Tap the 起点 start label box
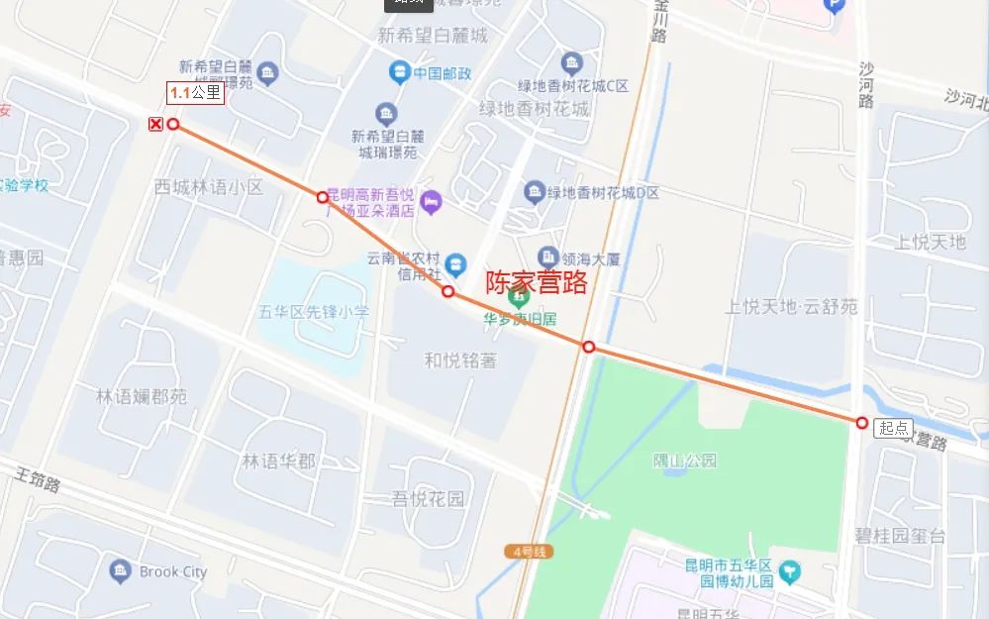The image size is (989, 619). (x=894, y=428)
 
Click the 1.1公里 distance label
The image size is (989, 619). (x=196, y=93)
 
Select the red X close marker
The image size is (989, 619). (x=154, y=124)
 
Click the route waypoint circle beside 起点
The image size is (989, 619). (x=862, y=423)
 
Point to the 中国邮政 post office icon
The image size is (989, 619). (x=398, y=72)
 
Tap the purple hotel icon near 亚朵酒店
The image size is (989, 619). (x=432, y=202)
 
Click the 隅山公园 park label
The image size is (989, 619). (x=684, y=461)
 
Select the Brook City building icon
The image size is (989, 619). (x=120, y=571)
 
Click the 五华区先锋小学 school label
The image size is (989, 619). (x=314, y=311)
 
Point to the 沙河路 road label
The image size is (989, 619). (x=866, y=85)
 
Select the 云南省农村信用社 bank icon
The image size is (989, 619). (x=455, y=263)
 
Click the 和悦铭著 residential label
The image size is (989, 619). (x=460, y=361)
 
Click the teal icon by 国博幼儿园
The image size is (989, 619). (x=789, y=571)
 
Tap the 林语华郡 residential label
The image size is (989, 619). (x=279, y=461)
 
